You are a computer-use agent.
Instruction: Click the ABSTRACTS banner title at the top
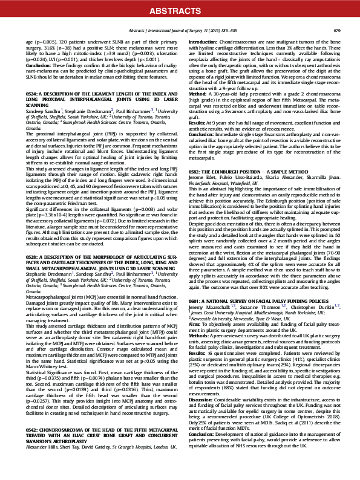(x=180, y=10)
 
